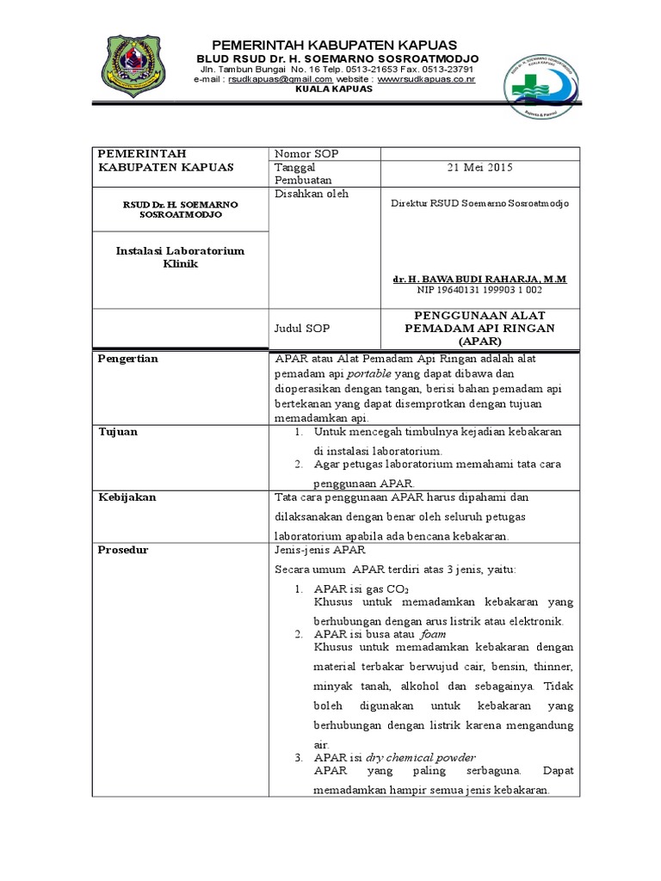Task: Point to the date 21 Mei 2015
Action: [x=480, y=168]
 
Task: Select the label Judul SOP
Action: [x=301, y=329]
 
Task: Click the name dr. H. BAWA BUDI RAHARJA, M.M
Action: [x=479, y=280]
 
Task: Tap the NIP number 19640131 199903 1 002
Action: [x=479, y=292]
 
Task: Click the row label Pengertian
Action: [x=128, y=359]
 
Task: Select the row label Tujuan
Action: [x=118, y=431]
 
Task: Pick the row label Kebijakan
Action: [x=127, y=497]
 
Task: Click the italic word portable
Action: [x=370, y=375]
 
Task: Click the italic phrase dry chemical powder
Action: [x=420, y=757]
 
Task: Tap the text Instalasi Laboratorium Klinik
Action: [x=180, y=257]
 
